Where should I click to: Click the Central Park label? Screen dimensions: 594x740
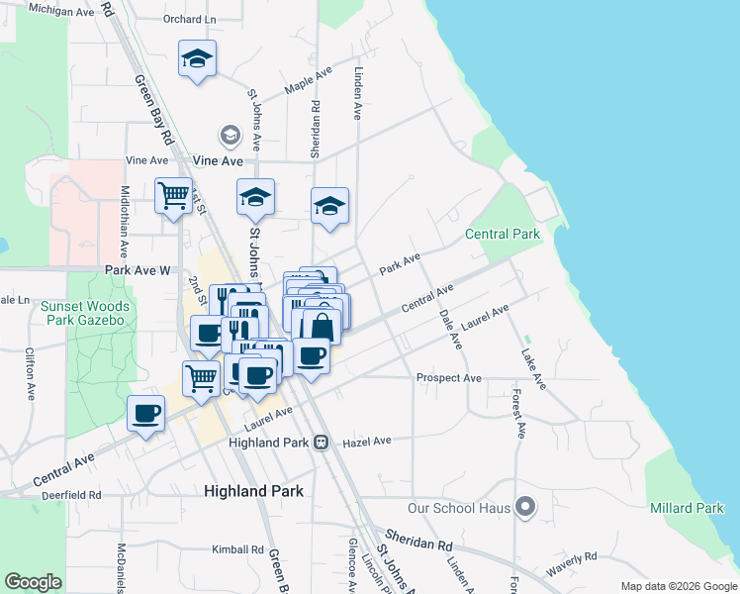(503, 235)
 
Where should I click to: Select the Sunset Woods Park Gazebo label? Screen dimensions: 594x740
(84, 314)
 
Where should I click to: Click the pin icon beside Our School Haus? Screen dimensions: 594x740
(526, 509)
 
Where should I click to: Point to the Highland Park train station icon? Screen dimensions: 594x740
(322, 442)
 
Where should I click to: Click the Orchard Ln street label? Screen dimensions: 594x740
(190, 19)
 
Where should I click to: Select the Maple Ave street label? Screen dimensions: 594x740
(308, 82)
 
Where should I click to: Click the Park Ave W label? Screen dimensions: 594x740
(138, 269)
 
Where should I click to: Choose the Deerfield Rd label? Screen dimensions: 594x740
(67, 494)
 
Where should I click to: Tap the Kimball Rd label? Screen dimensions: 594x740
(237, 549)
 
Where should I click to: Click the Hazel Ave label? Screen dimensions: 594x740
(367, 441)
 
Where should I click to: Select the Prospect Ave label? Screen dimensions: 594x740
(448, 378)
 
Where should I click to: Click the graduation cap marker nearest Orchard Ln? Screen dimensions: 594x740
(197, 58)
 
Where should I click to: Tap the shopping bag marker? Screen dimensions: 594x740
(322, 327)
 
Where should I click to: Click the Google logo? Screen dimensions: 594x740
(34, 582)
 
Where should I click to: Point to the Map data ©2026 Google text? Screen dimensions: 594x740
(678, 586)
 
